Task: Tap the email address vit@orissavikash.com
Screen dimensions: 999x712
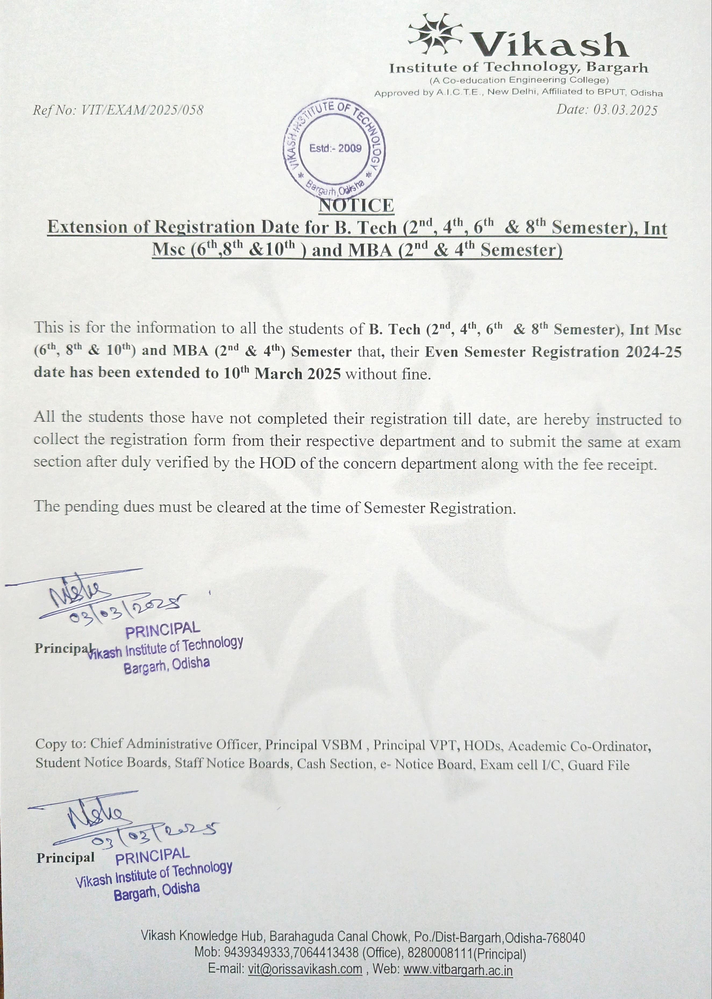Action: (x=305, y=969)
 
